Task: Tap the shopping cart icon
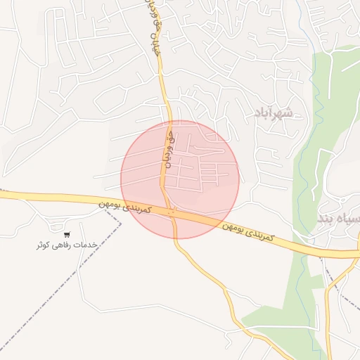click(67, 235)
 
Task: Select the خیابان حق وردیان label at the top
click(155, 28)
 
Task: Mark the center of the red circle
click(180, 179)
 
